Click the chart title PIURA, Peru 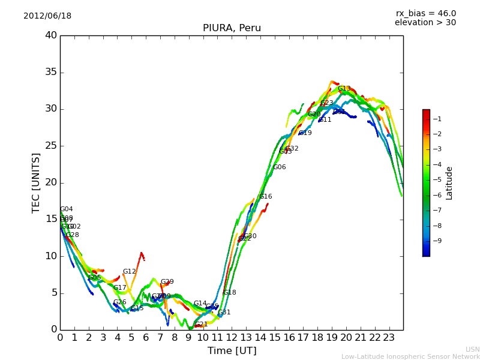click(x=231, y=28)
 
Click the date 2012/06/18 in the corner click(x=47, y=16)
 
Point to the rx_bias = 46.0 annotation click(x=425, y=13)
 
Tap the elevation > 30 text click(x=425, y=23)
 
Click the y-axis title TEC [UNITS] click(x=36, y=182)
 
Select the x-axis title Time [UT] click(x=232, y=351)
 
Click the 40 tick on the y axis click(x=51, y=35)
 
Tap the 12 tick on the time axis click(x=232, y=337)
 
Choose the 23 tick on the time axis click(x=389, y=337)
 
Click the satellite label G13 click(x=344, y=89)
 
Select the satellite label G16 click(x=265, y=197)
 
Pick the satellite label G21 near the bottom click(x=201, y=325)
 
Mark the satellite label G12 click(x=129, y=272)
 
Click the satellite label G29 click(x=167, y=282)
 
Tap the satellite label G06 click(x=280, y=167)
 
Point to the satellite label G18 click(x=229, y=293)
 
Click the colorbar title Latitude click(x=449, y=183)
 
